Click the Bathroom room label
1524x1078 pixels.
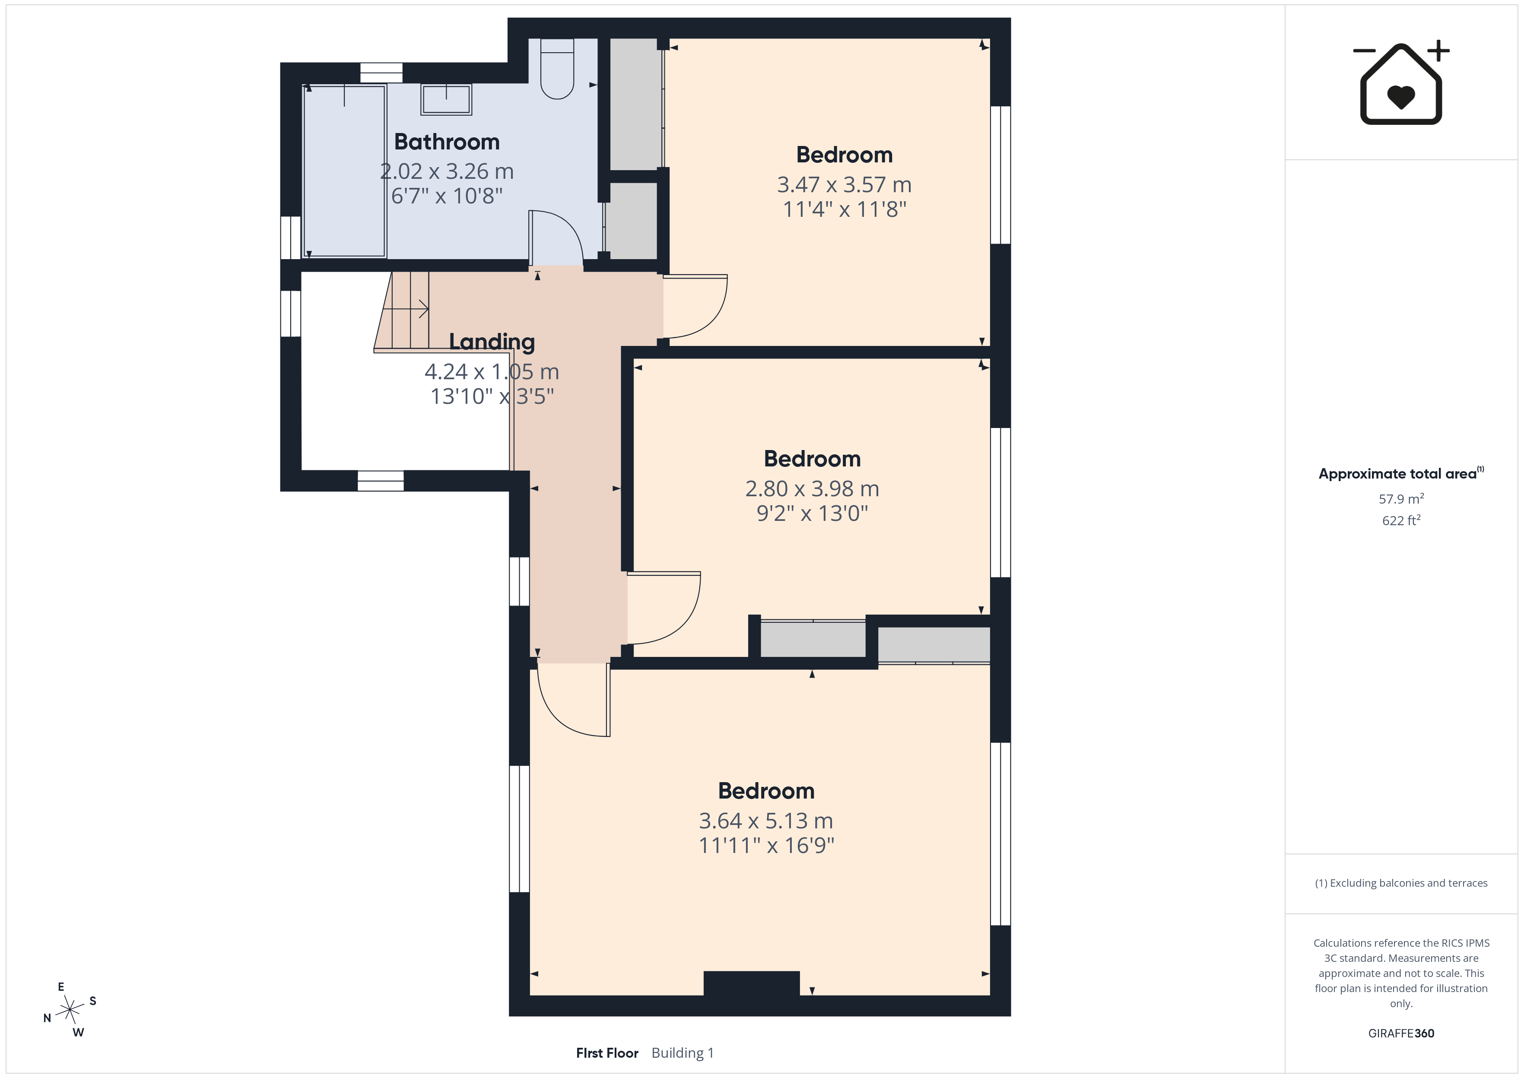click(x=447, y=142)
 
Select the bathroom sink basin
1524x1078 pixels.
click(x=446, y=100)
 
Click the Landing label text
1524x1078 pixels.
click(x=492, y=342)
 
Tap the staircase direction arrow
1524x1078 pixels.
click(x=406, y=309)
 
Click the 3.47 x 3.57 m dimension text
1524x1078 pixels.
click(x=845, y=184)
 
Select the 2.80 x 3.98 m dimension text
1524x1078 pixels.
click(x=813, y=488)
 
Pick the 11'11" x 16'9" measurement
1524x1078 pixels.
click(x=767, y=846)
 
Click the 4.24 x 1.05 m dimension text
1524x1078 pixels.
click(x=492, y=372)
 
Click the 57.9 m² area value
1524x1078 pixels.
click(x=1401, y=498)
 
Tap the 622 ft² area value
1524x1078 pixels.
click(x=1401, y=520)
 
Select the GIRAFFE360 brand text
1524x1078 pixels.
click(x=1401, y=1034)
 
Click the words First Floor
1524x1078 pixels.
click(x=607, y=1053)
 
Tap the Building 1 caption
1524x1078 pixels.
click(x=683, y=1053)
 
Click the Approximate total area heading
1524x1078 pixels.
click(x=1401, y=473)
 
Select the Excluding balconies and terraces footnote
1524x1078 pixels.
click(x=1401, y=883)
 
